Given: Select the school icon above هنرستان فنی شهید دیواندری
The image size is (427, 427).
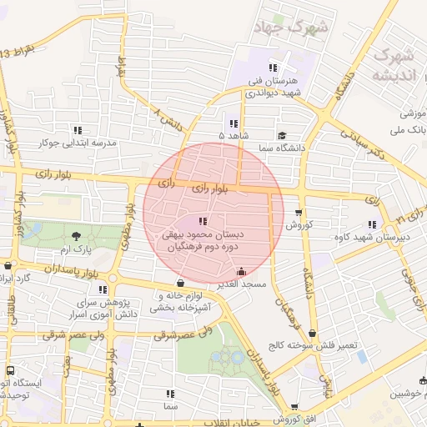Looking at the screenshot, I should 272,68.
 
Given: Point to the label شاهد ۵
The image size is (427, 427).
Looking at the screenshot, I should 233,134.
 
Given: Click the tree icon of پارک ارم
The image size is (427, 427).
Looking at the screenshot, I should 77,236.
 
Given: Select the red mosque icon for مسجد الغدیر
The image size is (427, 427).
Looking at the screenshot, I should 242,271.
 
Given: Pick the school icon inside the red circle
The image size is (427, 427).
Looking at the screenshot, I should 202,222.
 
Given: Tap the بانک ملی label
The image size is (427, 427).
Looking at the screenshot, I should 411,131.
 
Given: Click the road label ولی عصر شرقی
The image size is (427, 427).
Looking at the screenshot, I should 185,334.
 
